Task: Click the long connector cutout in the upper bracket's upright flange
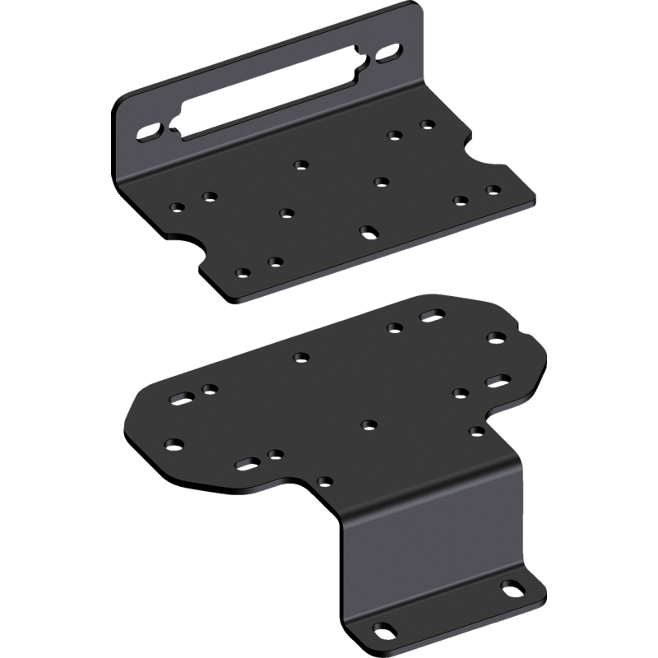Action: (271, 96)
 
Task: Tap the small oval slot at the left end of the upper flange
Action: (151, 131)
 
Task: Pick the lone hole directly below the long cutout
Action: (301, 164)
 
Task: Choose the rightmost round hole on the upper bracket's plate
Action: (493, 189)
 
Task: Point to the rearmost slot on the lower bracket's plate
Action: (431, 316)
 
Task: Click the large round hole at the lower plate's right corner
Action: (496, 337)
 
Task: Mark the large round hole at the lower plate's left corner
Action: (173, 444)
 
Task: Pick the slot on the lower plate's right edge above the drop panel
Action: (496, 380)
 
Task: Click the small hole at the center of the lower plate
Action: (368, 424)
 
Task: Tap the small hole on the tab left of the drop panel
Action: (326, 481)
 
